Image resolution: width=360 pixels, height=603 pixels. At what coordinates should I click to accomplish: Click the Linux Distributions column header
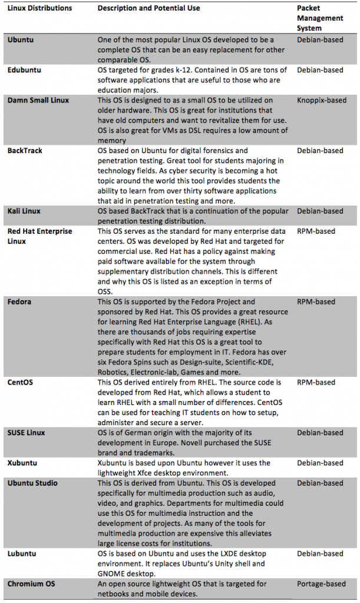[x=39, y=8]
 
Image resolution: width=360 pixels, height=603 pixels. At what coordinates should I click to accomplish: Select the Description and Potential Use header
[x=148, y=8]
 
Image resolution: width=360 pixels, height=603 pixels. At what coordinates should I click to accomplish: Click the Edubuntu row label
[x=24, y=70]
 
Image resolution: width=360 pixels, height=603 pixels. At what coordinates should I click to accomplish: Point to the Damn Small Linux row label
[x=38, y=100]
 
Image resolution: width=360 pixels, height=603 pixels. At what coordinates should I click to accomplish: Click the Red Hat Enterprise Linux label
[x=39, y=236]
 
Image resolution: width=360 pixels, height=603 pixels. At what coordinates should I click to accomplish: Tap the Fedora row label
[x=19, y=302]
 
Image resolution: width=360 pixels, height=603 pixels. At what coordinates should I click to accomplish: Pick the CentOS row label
[x=20, y=383]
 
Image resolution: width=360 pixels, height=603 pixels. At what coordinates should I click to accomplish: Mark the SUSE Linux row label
[x=28, y=433]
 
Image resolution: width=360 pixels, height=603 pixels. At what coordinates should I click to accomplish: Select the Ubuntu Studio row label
[x=32, y=483]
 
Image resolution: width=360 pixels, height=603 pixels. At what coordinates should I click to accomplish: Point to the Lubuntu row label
[x=22, y=554]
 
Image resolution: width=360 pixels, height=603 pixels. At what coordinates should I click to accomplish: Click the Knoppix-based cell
[x=322, y=100]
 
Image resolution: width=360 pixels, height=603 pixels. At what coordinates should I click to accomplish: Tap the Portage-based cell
[x=321, y=584]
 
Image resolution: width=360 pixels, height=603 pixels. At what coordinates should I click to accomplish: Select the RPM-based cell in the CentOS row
[x=316, y=383]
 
